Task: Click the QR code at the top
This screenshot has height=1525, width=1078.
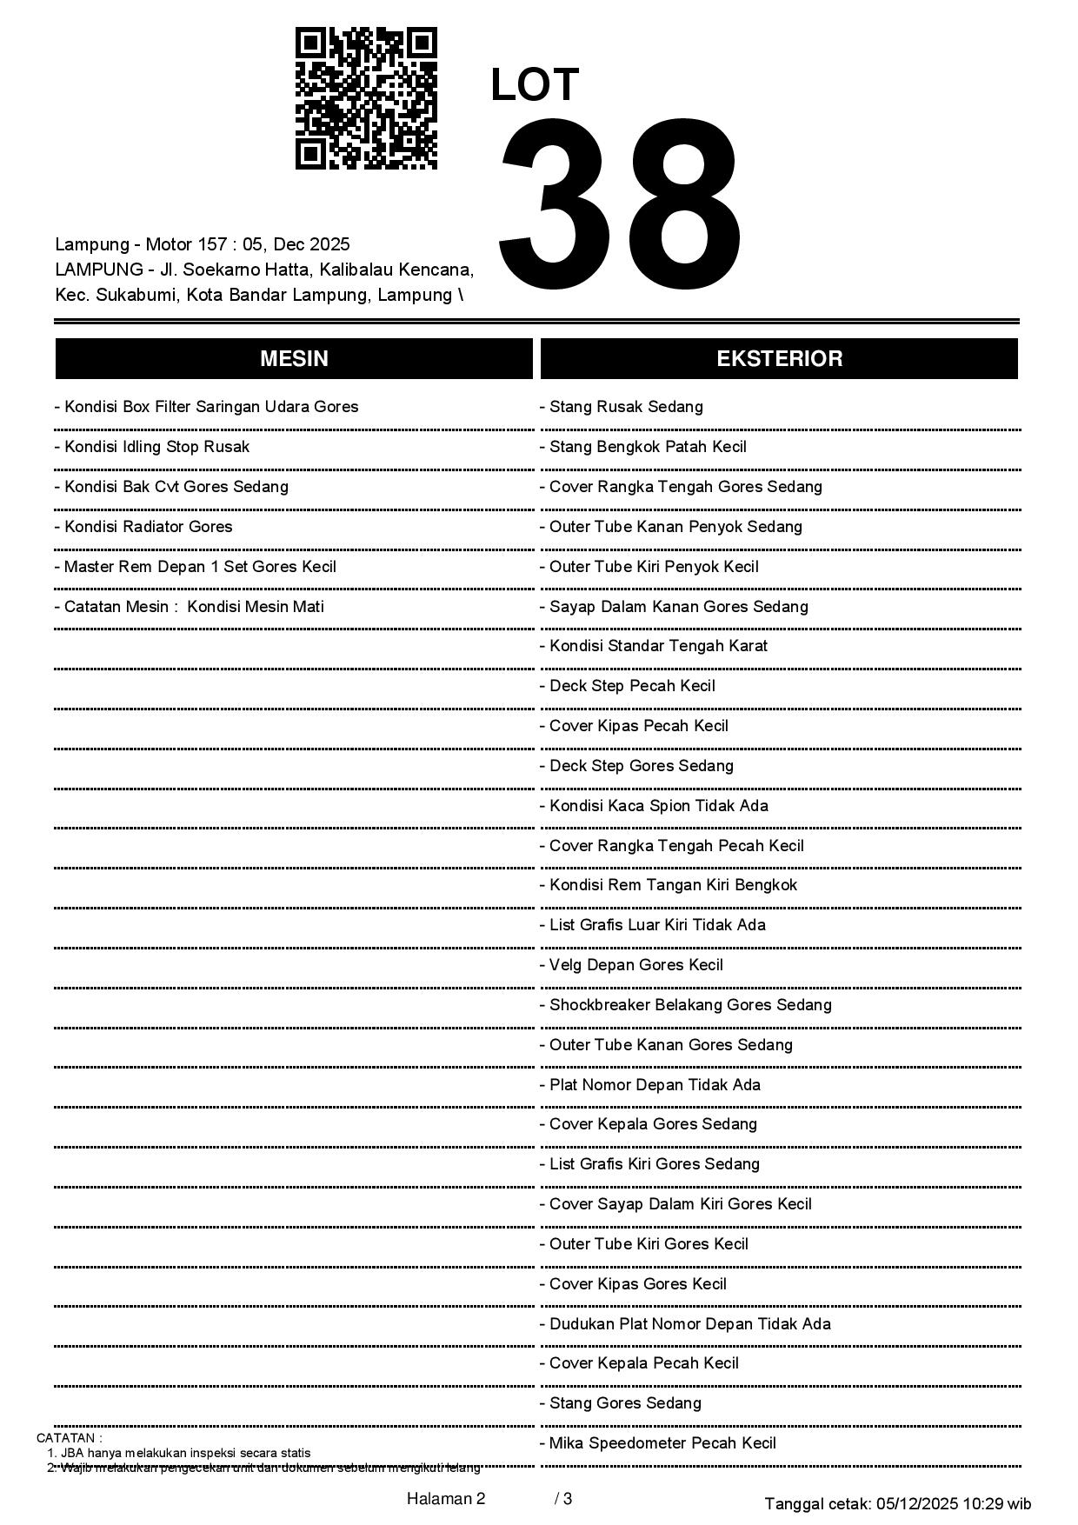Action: click(366, 98)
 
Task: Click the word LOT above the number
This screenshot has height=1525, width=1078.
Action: click(535, 85)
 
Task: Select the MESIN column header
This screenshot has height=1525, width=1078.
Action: click(294, 359)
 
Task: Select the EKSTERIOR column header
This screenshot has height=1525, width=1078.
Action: click(779, 359)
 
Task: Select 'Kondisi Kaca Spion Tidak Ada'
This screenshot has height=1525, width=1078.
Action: click(658, 806)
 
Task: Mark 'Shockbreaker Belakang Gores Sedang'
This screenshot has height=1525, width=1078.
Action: click(689, 1005)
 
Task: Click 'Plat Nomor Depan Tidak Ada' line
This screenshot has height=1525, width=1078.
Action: click(654, 1085)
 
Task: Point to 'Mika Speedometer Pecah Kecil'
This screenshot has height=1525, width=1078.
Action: click(662, 1443)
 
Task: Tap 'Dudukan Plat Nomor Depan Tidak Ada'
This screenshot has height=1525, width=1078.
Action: click(689, 1324)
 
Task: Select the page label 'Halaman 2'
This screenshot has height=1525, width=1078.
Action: click(446, 1498)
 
